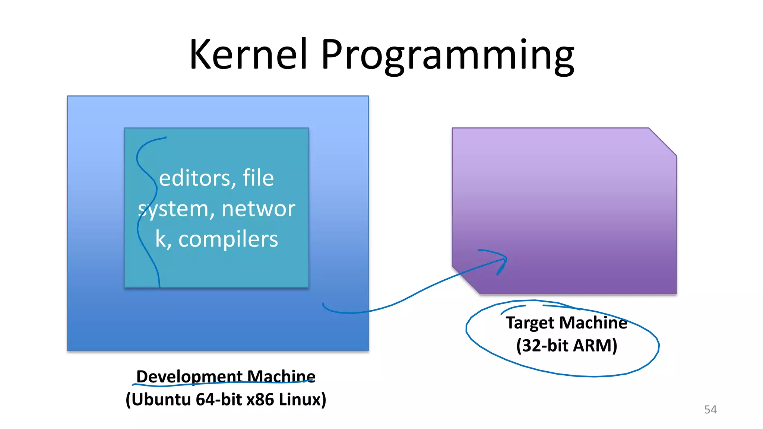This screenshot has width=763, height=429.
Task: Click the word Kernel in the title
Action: click(249, 55)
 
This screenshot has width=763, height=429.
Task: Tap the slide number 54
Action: click(710, 410)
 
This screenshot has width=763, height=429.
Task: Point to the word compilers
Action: click(228, 239)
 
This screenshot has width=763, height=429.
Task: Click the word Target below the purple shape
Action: click(530, 323)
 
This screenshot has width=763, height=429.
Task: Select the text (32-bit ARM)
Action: click(566, 346)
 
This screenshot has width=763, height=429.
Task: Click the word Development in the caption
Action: click(189, 376)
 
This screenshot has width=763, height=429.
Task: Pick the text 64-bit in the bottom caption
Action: click(219, 400)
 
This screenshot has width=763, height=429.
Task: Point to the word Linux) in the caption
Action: click(302, 400)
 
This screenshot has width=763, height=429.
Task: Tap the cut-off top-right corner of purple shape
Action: click(662, 142)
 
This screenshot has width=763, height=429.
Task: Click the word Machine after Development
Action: click(281, 376)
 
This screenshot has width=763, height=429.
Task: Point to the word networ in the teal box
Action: click(258, 209)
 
